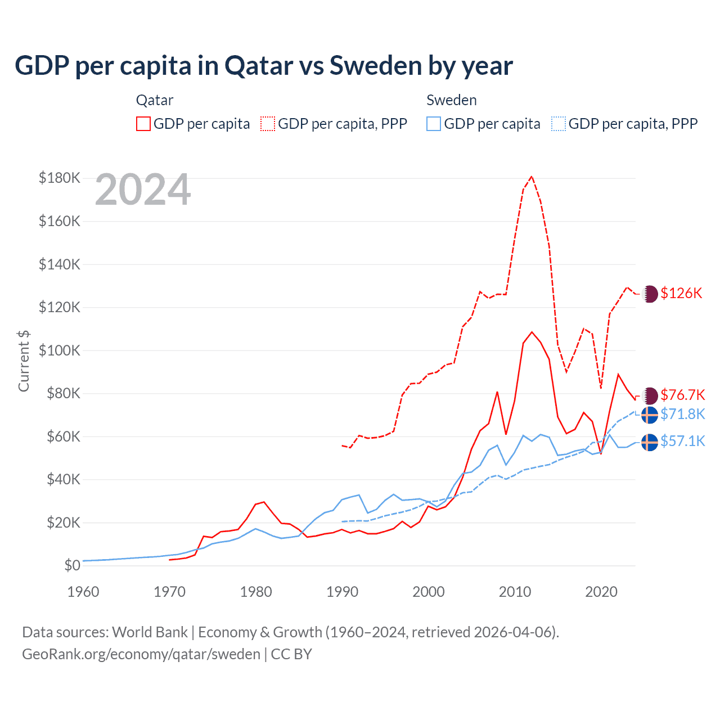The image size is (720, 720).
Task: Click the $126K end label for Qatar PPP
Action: point(681,293)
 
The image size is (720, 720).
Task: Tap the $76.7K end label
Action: point(682,395)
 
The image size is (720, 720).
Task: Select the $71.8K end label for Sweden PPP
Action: point(682,414)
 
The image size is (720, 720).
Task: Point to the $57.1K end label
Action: point(682,441)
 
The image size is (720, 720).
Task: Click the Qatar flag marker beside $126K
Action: point(650,294)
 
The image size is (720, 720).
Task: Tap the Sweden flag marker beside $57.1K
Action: point(650,442)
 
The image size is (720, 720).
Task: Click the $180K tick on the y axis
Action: point(60,178)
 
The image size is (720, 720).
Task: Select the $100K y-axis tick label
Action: point(60,350)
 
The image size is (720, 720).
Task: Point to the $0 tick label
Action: point(72,565)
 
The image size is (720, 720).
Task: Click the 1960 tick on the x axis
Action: point(83,592)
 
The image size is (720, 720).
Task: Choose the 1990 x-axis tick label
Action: point(342,592)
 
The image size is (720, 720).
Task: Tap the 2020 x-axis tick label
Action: point(601,592)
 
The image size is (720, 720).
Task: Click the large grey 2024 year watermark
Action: point(143,190)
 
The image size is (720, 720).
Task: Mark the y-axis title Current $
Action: point(24,361)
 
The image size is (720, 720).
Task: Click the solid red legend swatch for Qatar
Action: point(143,124)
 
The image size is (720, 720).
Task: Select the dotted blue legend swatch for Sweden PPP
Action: point(559,124)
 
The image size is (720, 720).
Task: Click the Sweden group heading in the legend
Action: point(451,100)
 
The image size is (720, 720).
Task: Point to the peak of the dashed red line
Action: point(532,177)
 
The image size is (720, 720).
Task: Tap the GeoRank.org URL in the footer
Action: point(141,654)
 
